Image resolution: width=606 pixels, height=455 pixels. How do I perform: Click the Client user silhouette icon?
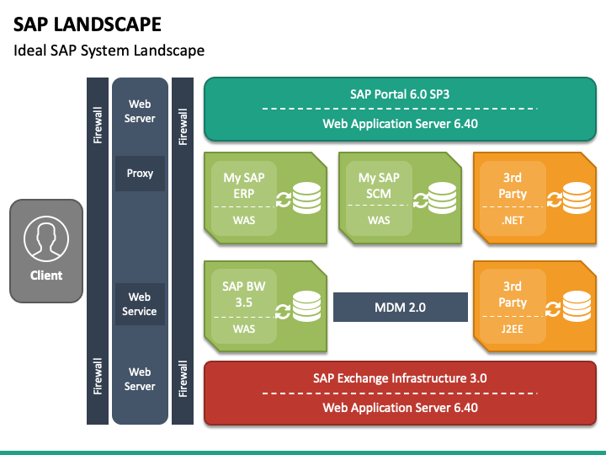46,238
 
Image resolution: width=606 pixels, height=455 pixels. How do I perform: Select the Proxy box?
140,174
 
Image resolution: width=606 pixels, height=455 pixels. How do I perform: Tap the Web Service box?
140,304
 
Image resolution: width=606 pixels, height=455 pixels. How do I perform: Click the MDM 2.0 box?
401,308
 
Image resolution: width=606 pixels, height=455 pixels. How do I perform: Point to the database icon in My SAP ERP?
307,198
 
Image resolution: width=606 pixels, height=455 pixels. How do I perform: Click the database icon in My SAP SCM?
442,198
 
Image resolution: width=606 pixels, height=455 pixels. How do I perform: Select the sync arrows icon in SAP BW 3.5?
283,312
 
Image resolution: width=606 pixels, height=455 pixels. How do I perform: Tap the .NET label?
513,220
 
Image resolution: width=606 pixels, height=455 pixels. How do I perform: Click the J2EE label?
513,329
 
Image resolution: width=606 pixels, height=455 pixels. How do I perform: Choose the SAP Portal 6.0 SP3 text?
400,94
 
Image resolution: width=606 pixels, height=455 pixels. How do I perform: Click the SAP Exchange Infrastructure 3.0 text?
400,378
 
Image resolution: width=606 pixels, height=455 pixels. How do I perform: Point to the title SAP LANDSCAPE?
88,24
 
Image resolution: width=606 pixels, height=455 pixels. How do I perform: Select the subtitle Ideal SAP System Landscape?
109,51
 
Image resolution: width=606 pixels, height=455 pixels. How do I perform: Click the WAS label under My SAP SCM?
379,220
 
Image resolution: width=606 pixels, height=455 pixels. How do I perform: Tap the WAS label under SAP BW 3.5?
244,329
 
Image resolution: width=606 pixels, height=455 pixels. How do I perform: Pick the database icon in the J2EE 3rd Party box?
577,307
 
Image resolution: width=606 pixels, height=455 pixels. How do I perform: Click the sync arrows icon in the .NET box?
555,200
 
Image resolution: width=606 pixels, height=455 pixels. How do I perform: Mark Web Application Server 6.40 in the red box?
400,408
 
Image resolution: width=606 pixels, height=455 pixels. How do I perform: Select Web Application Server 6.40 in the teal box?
400,124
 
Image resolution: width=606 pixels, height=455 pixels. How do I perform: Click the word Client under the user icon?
46,276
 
